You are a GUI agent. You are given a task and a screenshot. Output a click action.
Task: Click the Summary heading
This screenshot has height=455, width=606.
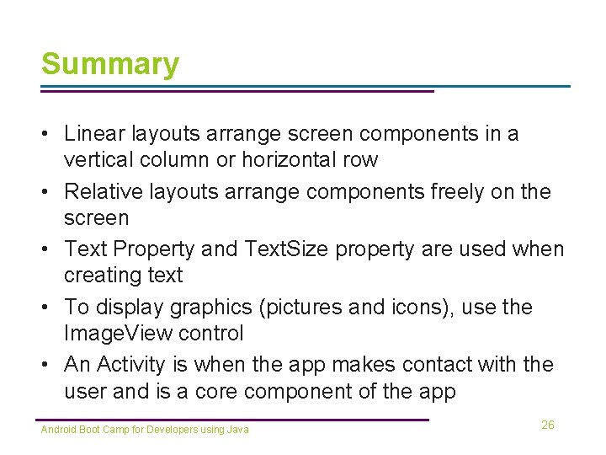[110, 64]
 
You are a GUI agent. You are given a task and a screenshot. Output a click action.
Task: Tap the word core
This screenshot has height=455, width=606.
[221, 391]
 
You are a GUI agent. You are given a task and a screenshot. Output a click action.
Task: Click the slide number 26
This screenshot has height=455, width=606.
[548, 425]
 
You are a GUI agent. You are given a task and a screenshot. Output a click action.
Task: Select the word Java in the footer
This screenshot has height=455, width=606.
[238, 430]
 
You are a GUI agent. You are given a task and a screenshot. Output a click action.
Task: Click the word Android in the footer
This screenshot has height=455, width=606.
[58, 430]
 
